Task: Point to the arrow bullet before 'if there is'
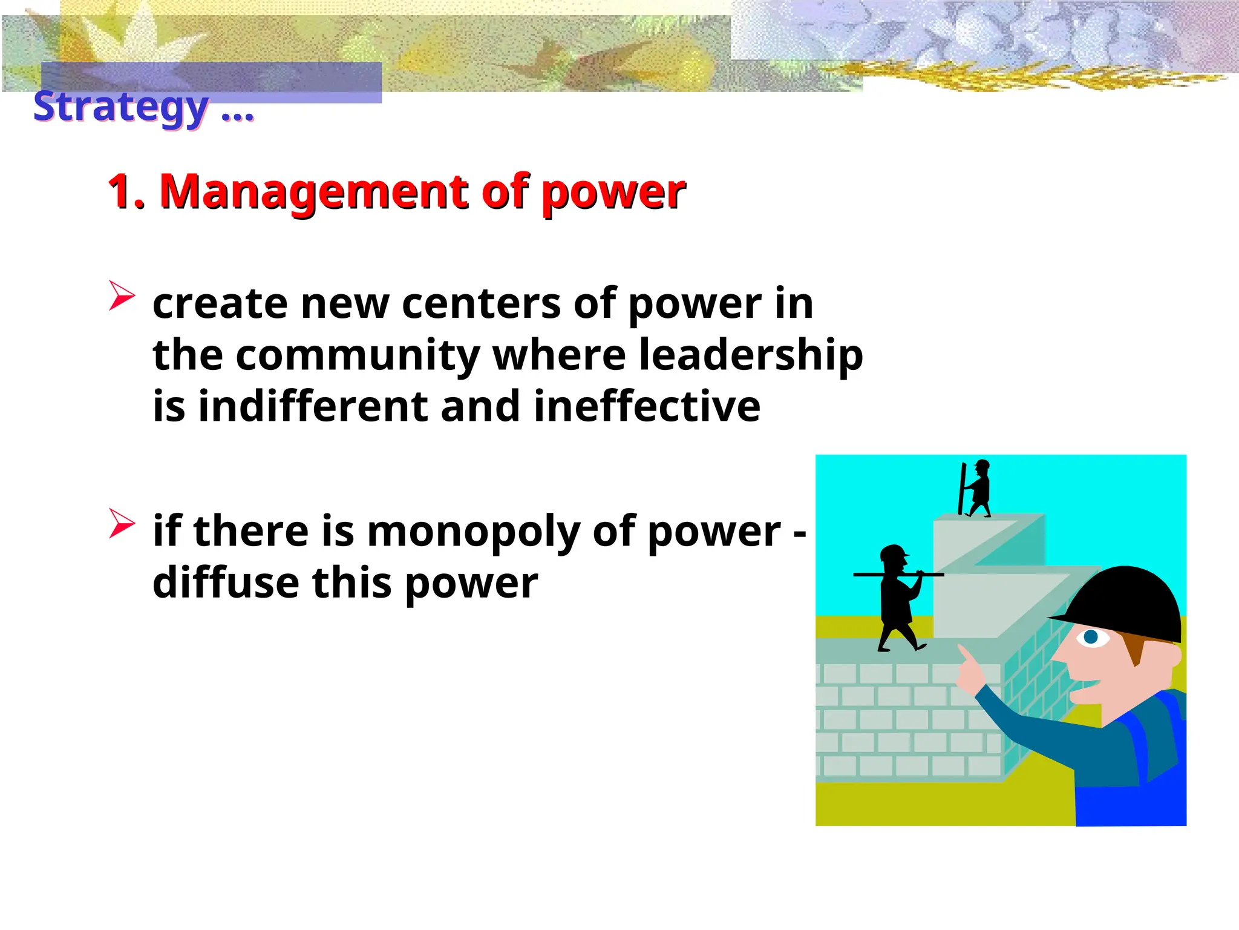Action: (x=121, y=523)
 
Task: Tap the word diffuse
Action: (x=226, y=582)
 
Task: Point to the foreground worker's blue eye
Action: (x=1091, y=637)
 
